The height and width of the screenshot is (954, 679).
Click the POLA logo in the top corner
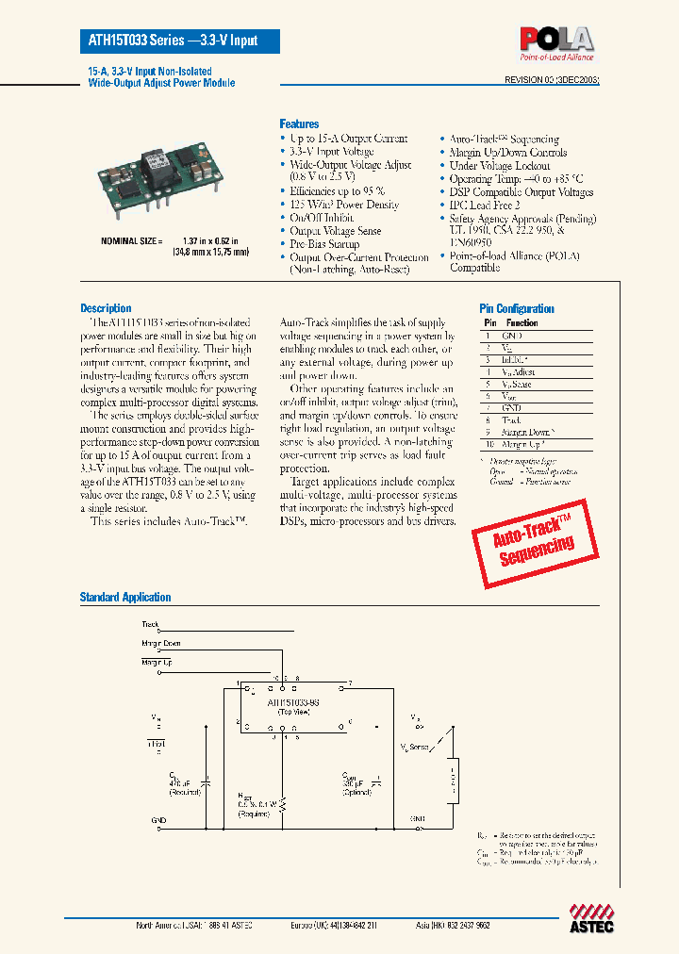[556, 42]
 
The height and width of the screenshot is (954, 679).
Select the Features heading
[299, 123]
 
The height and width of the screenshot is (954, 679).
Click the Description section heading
[106, 308]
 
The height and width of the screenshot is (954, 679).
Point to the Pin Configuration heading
[517, 308]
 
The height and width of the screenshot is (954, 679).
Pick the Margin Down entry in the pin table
[528, 431]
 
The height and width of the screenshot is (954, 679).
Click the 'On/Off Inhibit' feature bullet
[322, 218]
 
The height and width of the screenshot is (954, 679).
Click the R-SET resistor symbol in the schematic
[284, 802]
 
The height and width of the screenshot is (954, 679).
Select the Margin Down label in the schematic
[161, 643]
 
